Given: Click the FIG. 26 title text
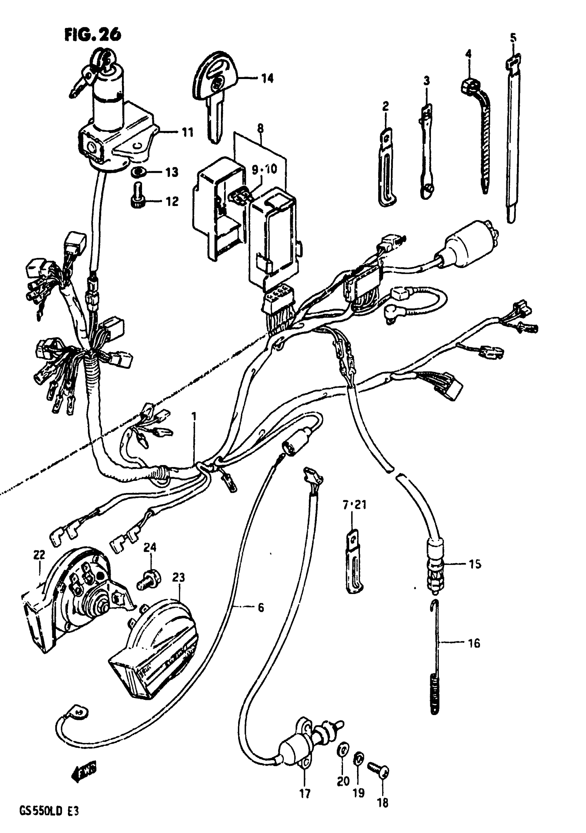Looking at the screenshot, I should [x=93, y=35].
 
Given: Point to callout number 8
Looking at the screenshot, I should [x=260, y=128].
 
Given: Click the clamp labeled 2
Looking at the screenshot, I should [x=386, y=167].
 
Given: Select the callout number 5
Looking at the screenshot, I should [x=513, y=37].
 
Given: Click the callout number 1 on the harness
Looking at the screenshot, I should [x=194, y=416].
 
